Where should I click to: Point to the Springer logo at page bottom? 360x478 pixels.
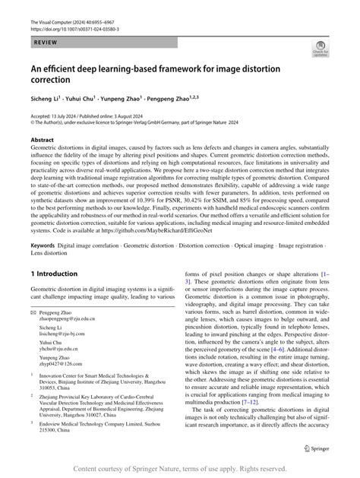pyautogui.click(x=316, y=445)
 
